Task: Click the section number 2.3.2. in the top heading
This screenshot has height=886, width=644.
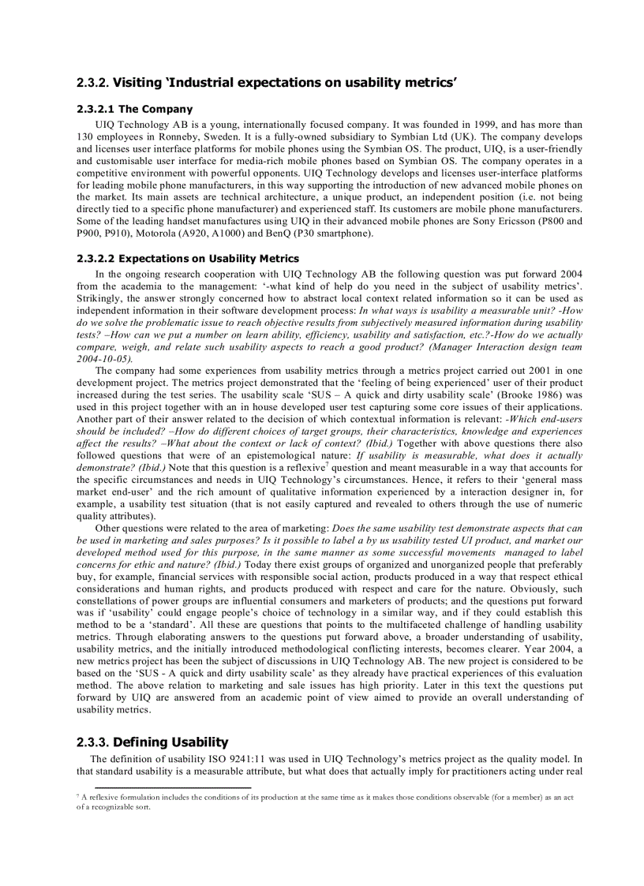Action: click(93, 82)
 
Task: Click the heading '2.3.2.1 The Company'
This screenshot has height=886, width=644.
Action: click(135, 109)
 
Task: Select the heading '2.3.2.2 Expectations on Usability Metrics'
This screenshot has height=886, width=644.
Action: click(188, 258)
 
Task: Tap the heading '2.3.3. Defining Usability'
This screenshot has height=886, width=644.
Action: click(152, 742)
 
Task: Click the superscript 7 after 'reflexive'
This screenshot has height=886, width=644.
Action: click(327, 465)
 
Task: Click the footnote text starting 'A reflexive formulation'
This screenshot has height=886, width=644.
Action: click(316, 797)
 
